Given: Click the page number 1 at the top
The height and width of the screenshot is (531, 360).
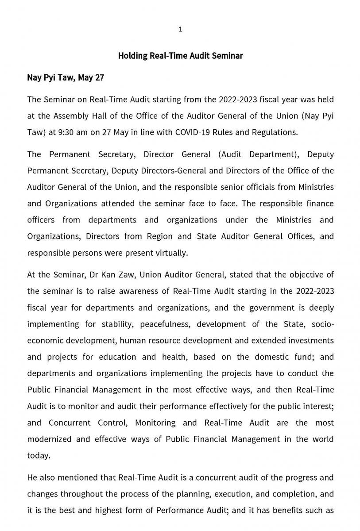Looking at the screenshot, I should pos(180,29).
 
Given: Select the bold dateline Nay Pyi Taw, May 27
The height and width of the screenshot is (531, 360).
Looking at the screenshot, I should pos(66,78).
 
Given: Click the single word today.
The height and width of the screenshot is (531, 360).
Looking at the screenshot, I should pos(38,455).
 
